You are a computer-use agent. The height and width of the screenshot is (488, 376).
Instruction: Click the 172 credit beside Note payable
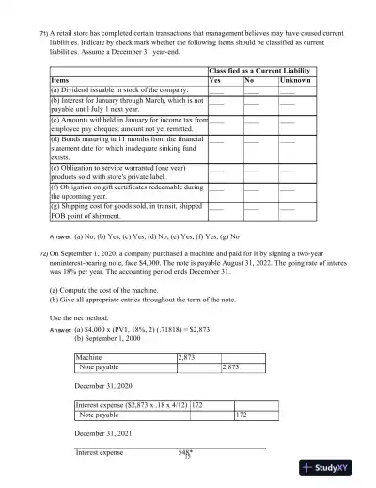click(241, 414)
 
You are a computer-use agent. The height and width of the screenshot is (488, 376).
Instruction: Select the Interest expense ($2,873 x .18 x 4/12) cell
click(131, 404)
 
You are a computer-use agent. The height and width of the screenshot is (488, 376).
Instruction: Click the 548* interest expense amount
click(185, 452)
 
